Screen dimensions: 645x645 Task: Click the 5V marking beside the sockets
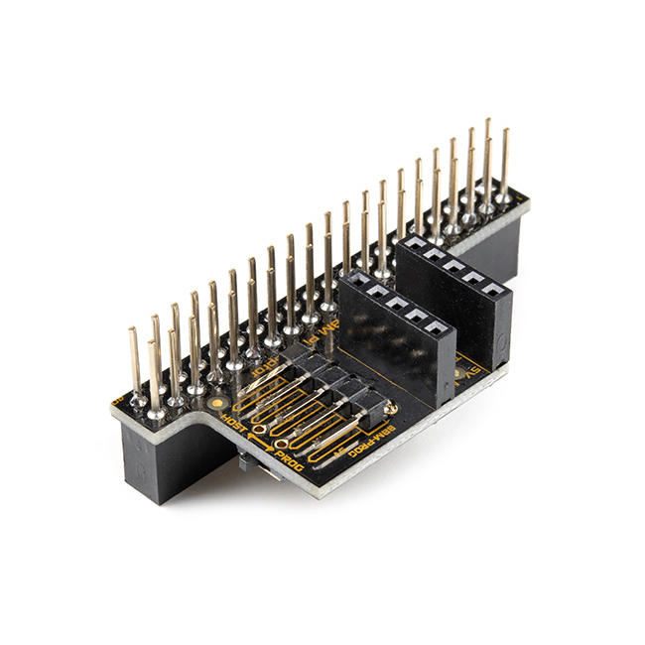click(466, 374)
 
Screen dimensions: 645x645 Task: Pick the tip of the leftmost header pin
click(133, 330)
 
